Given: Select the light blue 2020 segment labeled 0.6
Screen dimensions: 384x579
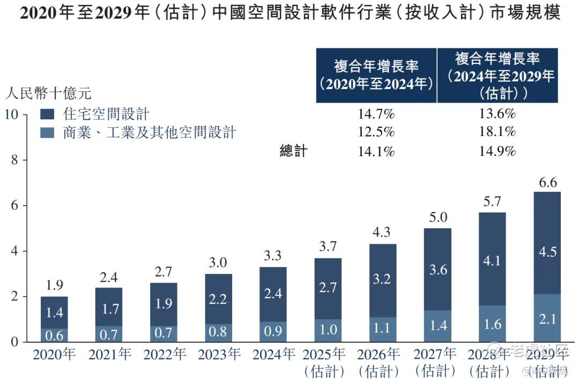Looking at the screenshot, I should point(54,335).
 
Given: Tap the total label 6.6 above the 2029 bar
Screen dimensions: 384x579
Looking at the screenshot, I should point(547,183).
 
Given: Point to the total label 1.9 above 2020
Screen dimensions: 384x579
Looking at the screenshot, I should point(54,285).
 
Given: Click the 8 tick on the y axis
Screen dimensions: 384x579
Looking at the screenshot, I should point(14,160).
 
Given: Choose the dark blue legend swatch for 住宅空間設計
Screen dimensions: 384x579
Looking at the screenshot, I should point(48,114).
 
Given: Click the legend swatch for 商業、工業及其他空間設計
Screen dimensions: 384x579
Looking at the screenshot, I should point(48,133).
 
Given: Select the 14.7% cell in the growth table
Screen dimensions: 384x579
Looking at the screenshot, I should point(376,114).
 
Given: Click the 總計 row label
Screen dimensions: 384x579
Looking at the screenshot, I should point(293,151).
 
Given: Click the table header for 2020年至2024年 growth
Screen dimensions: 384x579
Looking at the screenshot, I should point(376,75).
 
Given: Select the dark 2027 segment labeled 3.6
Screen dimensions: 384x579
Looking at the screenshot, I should point(437,269).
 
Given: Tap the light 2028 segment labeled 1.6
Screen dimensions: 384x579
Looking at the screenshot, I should point(492,324).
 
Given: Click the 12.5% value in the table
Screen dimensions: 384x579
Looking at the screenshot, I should point(376,132).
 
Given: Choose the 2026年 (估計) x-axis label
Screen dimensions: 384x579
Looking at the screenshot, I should point(383,363).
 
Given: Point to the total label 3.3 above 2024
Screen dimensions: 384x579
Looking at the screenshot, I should point(273,256).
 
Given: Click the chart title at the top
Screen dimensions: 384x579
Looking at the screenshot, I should point(289,13).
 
